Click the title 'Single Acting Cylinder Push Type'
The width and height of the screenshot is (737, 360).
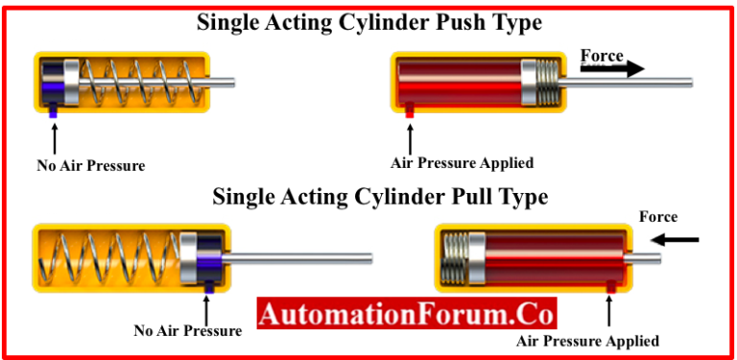(x=369, y=22)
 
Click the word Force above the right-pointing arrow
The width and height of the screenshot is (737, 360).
(x=602, y=56)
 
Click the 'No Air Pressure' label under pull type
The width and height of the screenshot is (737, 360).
(x=187, y=331)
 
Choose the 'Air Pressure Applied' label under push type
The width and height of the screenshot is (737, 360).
(x=462, y=162)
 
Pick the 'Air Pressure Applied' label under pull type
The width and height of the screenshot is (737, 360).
(x=587, y=341)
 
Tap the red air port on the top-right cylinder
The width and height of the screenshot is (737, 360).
(x=409, y=111)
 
